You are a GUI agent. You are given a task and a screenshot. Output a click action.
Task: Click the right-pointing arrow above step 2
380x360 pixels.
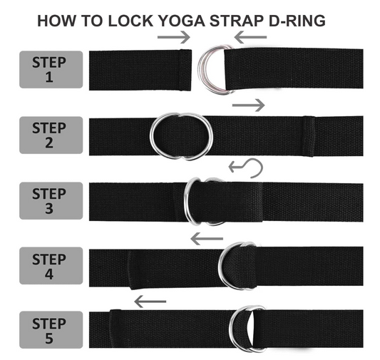(x=249, y=105)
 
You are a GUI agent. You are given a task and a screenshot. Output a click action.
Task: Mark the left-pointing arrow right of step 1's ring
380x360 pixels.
(x=251, y=36)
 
